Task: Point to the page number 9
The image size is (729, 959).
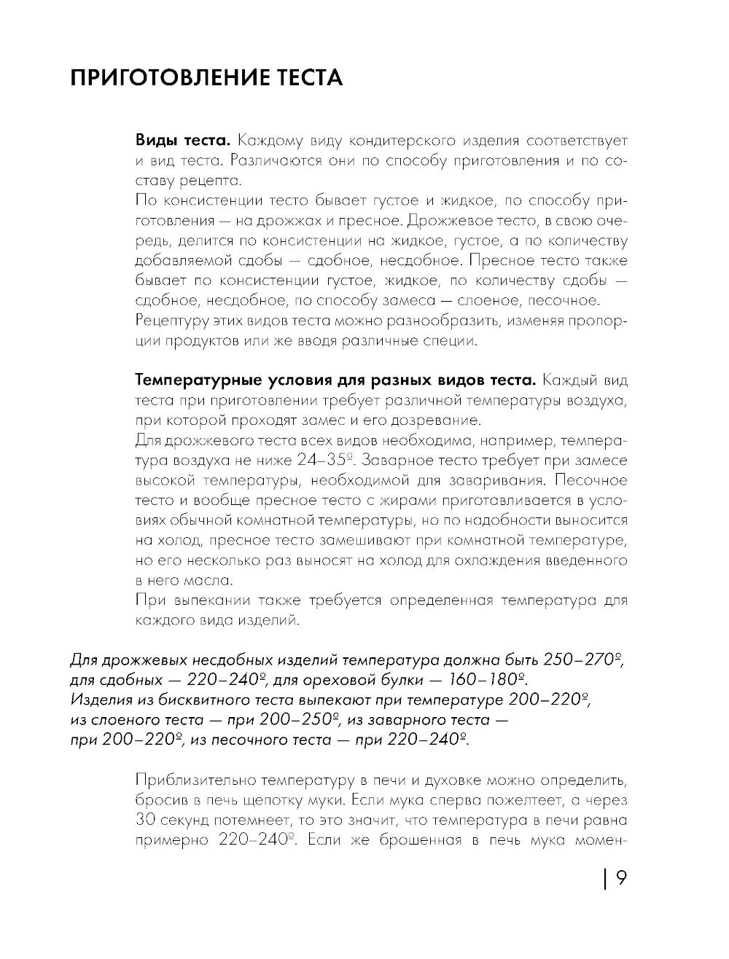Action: click(621, 879)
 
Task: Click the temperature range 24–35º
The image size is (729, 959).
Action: click(326, 461)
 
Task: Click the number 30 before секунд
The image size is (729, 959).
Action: click(145, 820)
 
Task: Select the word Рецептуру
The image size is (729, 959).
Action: click(166, 321)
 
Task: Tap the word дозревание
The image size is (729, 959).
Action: click(440, 420)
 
